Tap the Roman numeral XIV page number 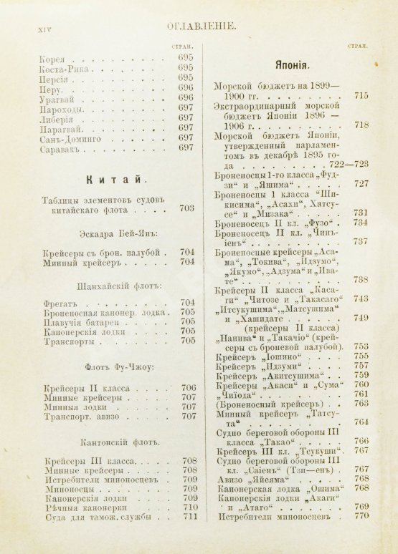pos(36,28)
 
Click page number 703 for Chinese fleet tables pos(187,209)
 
